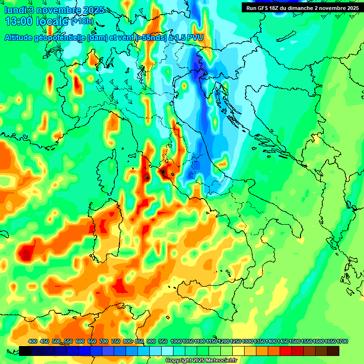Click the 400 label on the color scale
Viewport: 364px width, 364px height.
pos(33,341)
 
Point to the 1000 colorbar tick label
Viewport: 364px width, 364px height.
pos(176,341)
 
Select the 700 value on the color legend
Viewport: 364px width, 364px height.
pos(103,341)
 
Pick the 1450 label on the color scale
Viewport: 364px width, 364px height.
pos(283,341)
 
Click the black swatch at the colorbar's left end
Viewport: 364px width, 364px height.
pos(26,351)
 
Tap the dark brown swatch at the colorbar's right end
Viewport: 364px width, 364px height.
pos(333,351)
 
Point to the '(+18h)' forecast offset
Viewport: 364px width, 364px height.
pos(82,21)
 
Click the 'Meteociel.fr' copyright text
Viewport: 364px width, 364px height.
pos(219,361)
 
